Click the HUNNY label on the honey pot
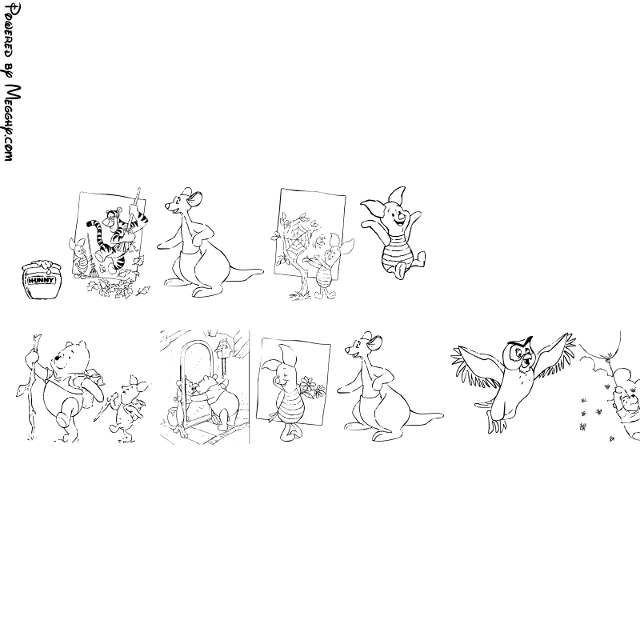coord(41,281)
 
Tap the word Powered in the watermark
coord(9,31)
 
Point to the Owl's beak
coord(526,358)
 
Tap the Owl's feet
coord(495,425)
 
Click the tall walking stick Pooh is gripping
coord(32,387)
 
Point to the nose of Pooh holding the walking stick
coord(57,358)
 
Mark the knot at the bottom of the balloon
coord(610,359)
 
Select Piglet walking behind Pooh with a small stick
coord(128,408)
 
